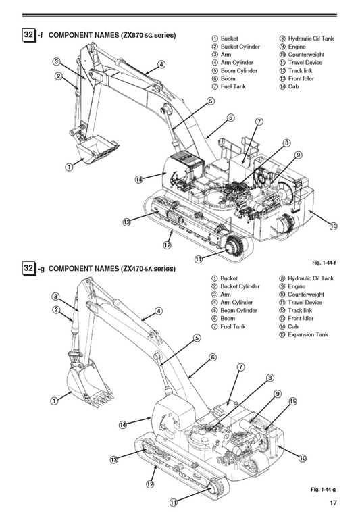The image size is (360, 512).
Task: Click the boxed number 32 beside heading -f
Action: [28, 34]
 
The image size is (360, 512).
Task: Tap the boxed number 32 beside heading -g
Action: [28, 269]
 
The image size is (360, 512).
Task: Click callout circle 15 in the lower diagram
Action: [293, 401]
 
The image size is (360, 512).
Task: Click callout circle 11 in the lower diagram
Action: [174, 503]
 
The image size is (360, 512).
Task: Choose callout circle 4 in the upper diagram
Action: [161, 65]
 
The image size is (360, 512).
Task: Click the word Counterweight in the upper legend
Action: [305, 55]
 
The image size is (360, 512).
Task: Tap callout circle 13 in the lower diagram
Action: [115, 460]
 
